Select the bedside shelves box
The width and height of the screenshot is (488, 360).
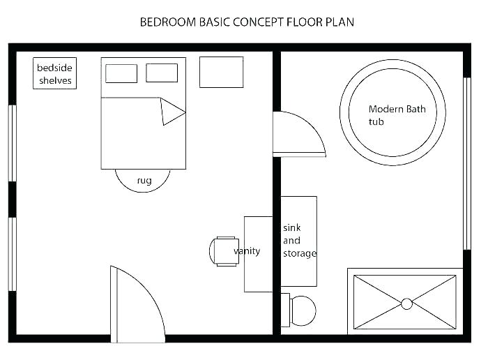click(x=54, y=73)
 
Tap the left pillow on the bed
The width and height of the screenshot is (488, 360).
click(x=121, y=73)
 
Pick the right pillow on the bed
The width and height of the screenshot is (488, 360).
click(x=162, y=73)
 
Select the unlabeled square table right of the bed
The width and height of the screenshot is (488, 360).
click(x=221, y=73)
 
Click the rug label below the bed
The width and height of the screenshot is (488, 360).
click(x=144, y=181)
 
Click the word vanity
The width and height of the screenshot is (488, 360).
click(x=247, y=251)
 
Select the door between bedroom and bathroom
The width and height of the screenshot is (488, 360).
click(x=296, y=134)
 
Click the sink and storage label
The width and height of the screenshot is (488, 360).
click(x=299, y=241)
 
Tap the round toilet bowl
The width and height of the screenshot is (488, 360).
click(x=303, y=310)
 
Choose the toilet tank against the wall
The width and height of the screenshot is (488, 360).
click(x=285, y=310)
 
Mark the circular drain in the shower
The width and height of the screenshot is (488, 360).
click(x=406, y=303)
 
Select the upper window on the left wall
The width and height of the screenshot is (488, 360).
click(x=12, y=143)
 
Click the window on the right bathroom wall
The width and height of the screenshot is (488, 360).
click(x=467, y=163)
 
